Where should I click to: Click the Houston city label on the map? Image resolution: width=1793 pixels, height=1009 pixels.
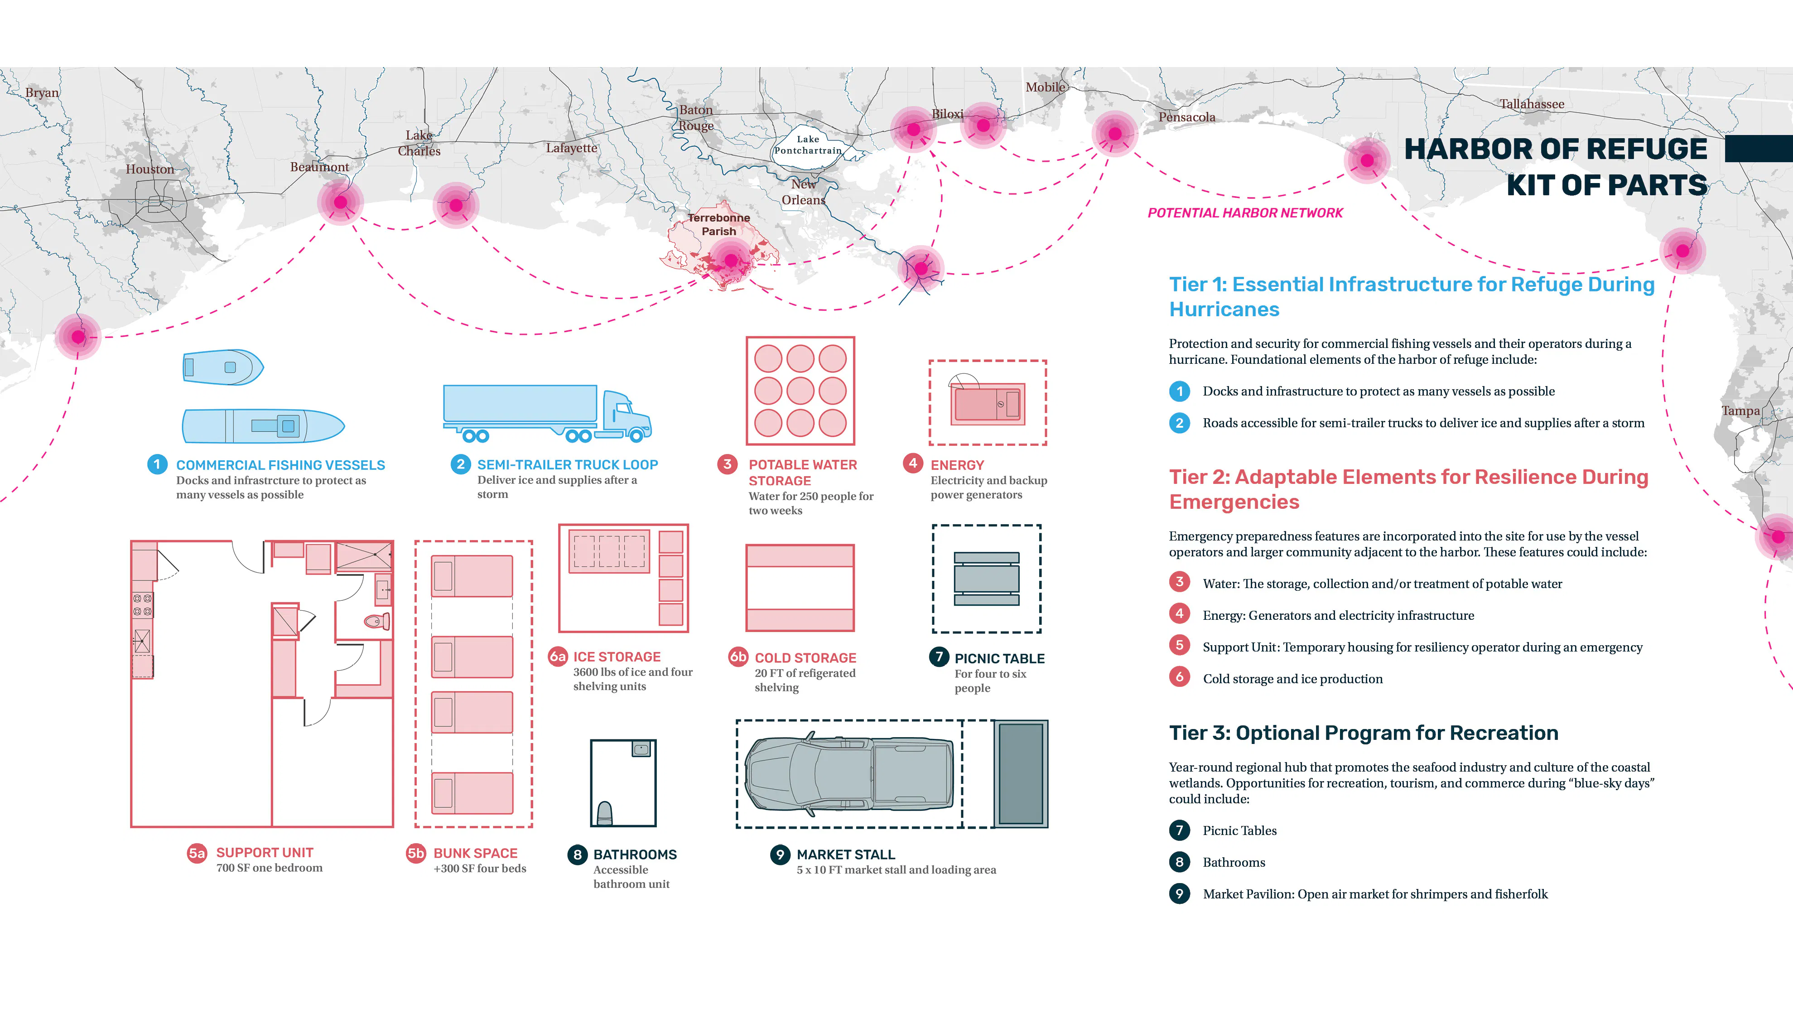pos(149,169)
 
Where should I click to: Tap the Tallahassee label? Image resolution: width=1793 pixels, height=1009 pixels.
pos(1532,104)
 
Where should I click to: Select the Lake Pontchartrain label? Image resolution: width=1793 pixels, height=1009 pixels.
pos(808,145)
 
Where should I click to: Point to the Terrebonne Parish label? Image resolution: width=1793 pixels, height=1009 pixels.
pos(719,224)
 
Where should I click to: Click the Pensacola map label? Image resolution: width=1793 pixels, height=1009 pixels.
pos(1187,117)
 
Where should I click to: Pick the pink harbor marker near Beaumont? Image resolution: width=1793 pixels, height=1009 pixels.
pos(340,202)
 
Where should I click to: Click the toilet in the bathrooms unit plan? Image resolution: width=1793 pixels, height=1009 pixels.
pos(605,813)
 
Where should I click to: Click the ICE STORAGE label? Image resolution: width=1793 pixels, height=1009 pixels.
pos(617,657)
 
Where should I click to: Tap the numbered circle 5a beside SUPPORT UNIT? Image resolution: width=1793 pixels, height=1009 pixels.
pos(197,853)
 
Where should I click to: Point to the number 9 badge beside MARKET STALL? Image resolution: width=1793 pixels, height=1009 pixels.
pos(780,855)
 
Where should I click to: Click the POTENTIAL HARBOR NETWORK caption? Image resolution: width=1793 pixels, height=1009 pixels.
pos(1245,213)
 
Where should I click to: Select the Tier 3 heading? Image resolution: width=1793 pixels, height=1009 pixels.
pos(1364,733)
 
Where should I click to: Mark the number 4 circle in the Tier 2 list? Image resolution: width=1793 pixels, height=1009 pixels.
pos(1179,613)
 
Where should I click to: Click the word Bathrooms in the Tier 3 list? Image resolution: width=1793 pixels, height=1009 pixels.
pos(1234,862)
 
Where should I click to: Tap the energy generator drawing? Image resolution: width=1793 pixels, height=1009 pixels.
pos(988,402)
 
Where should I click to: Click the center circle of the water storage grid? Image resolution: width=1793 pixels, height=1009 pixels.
pos(800,391)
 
